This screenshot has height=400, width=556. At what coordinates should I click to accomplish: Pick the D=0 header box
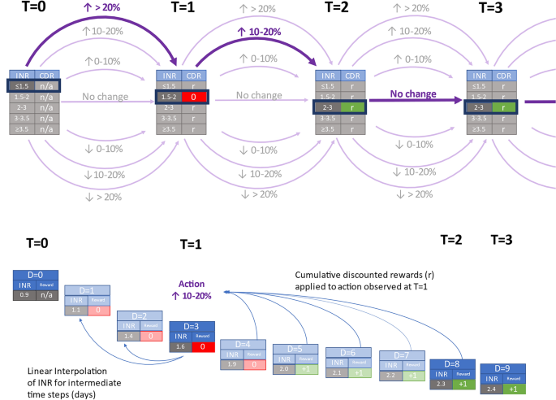point(33,276)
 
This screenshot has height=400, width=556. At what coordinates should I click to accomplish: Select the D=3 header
point(192,328)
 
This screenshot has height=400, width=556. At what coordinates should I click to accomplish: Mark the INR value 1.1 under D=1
point(75,310)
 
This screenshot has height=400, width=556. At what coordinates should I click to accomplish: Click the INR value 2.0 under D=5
point(284,368)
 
